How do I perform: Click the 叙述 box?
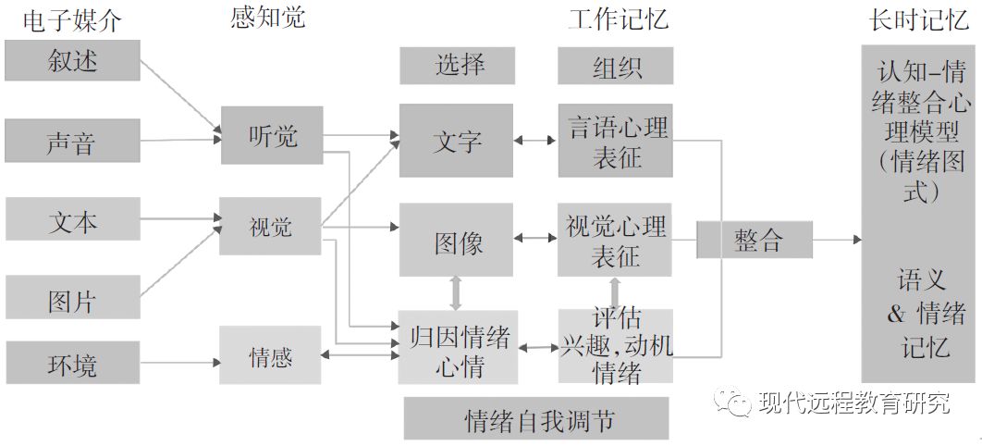click(72, 61)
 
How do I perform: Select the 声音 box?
click(72, 141)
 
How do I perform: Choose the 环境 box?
click(72, 363)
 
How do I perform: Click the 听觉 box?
click(272, 135)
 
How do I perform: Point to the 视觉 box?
click(270, 226)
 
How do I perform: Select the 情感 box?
click(270, 355)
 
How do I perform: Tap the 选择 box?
click(460, 66)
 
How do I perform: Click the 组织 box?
click(616, 66)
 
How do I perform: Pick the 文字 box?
click(456, 141)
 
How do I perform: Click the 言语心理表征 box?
click(616, 141)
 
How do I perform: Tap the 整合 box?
click(755, 240)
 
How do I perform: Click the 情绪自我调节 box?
click(536, 418)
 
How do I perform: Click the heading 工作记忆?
click(616, 19)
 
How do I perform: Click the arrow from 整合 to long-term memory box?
click(837, 241)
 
